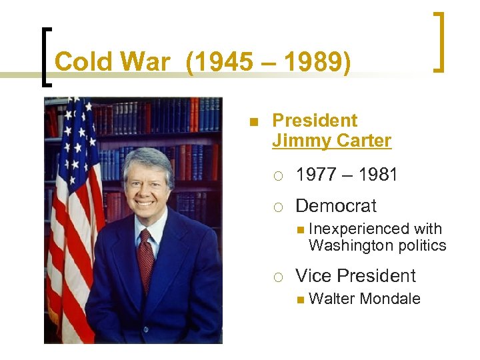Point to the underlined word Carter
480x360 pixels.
pos(365,141)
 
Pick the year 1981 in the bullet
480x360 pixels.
pos(377,175)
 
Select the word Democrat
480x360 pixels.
pos(336,206)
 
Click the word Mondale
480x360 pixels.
pos(390,299)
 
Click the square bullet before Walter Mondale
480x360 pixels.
pos(300,299)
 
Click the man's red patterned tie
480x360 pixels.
pos(145,253)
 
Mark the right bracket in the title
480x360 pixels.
pos(440,41)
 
